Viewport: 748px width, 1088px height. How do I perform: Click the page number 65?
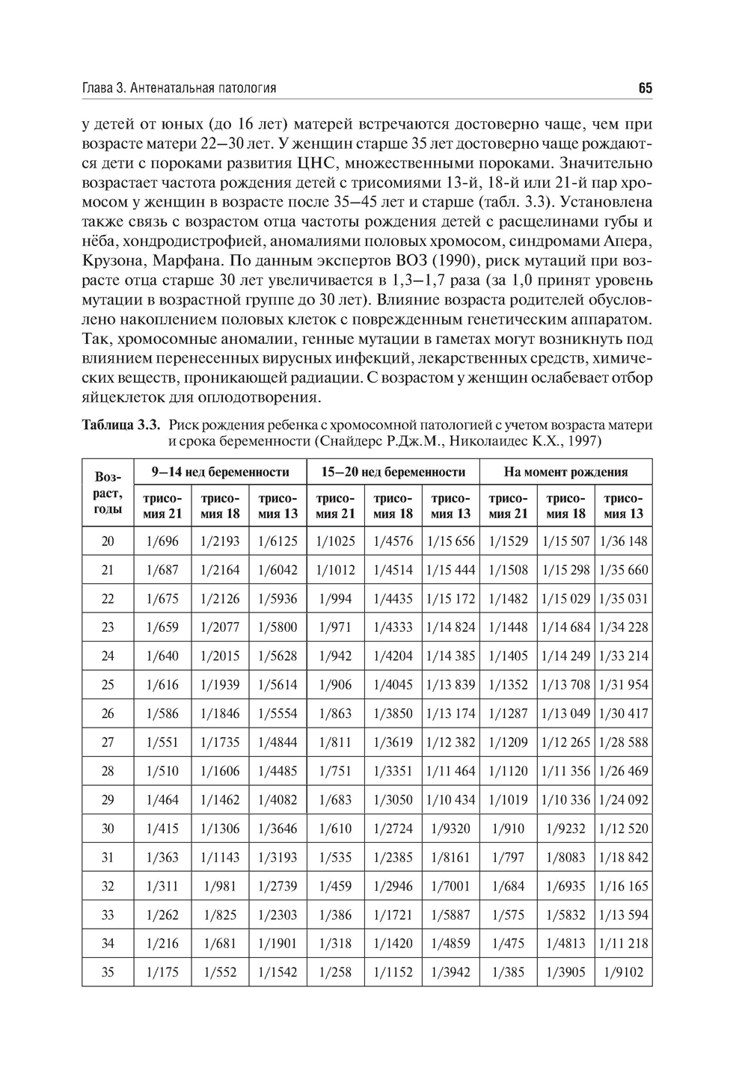[x=646, y=88]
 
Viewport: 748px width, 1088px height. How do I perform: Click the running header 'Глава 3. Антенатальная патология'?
[x=179, y=88]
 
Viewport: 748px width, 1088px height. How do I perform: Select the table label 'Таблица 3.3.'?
[x=121, y=425]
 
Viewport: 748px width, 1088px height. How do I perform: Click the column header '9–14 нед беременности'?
[x=220, y=472]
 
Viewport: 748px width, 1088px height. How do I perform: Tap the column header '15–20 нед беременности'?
[x=393, y=472]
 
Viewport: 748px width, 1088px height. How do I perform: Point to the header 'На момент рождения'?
[x=565, y=472]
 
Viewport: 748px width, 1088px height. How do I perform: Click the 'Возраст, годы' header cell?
[x=108, y=493]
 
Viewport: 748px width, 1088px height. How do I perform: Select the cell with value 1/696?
[x=163, y=541]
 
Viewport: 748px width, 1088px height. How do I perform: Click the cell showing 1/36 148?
[x=624, y=541]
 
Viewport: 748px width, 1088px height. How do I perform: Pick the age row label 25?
[x=108, y=685]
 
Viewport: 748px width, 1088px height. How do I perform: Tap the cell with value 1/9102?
[x=624, y=973]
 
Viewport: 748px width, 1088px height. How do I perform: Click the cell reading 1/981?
[x=220, y=886]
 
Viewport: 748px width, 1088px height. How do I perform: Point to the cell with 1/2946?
[x=393, y=886]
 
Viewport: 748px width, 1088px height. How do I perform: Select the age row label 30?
[x=108, y=829]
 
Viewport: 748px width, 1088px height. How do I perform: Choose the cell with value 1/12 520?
[x=624, y=829]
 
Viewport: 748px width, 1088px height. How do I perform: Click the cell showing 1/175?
[x=163, y=973]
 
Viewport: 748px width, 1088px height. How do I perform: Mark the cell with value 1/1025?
[x=335, y=541]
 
